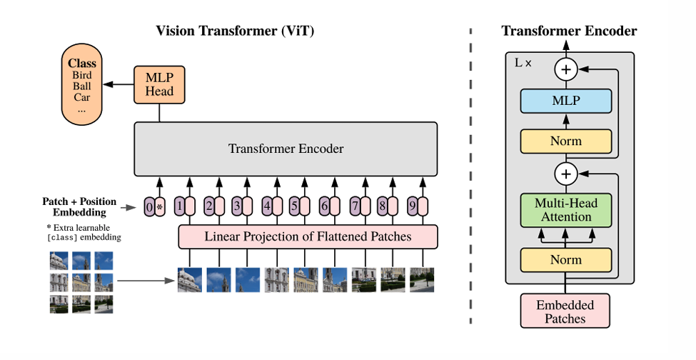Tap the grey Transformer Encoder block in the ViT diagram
[x=286, y=149]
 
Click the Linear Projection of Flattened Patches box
[x=308, y=236]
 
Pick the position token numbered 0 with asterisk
[x=154, y=207]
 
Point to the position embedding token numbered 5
[x=299, y=207]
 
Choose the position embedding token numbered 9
[x=415, y=207]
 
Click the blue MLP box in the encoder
[x=565, y=101]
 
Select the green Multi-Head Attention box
[x=565, y=210]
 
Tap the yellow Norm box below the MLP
[x=565, y=141]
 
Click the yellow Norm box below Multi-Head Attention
[x=565, y=260]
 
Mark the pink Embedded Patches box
[x=565, y=311]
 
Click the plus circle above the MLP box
[x=565, y=69]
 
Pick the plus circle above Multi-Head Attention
[x=565, y=174]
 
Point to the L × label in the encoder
[x=523, y=63]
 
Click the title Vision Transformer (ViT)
[x=235, y=31]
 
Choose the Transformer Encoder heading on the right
[x=569, y=31]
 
